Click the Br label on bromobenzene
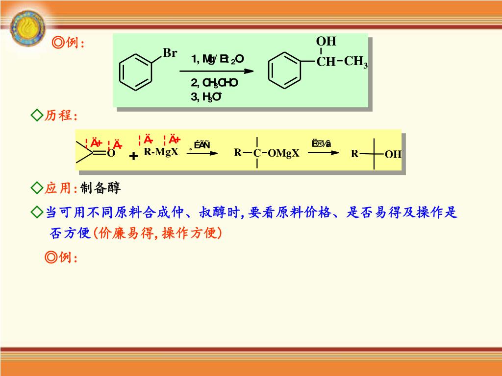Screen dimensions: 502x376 (170, 53)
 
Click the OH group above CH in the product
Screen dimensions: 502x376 (326, 42)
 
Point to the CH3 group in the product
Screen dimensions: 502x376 (355, 62)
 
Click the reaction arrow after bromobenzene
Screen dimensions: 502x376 (223, 71)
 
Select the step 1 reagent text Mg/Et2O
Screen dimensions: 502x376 (218, 59)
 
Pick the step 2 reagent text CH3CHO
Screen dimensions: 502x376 (215, 83)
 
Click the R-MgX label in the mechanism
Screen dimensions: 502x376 (161, 152)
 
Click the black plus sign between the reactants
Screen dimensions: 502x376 (133, 156)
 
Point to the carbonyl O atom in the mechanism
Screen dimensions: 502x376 (111, 154)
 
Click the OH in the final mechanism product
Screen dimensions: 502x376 (393, 155)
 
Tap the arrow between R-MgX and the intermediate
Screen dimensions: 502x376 (201, 153)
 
